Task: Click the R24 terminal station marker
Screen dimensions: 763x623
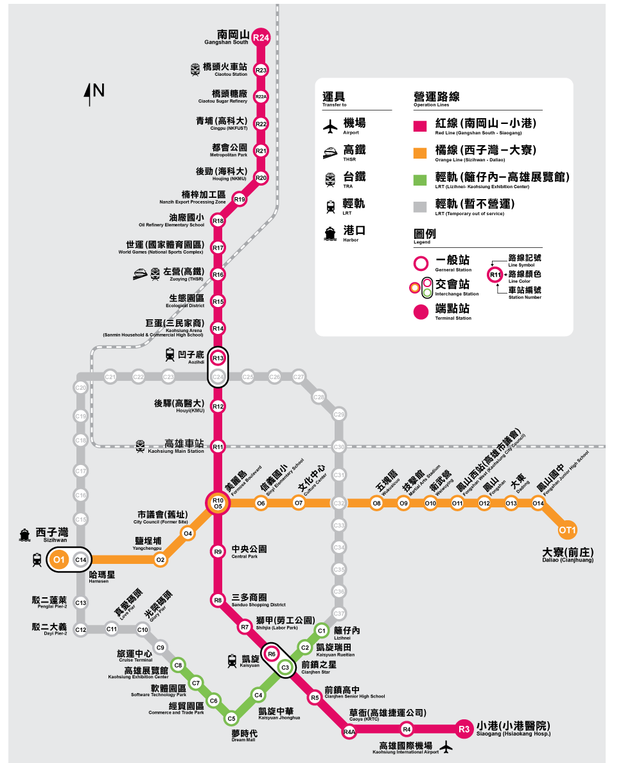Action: tap(261, 38)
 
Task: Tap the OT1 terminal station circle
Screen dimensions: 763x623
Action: tap(567, 530)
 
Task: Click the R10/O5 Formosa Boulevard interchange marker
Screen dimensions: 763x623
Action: tap(218, 504)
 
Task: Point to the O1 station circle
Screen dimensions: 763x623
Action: tap(59, 560)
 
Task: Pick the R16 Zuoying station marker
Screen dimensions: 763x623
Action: tap(218, 275)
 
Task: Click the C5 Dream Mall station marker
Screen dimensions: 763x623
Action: tap(232, 717)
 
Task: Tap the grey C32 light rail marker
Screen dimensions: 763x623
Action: tap(339, 504)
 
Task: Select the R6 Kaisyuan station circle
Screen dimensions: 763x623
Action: tap(272, 654)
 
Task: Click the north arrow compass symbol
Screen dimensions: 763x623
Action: tap(89, 94)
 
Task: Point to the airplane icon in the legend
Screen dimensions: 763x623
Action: tap(330, 127)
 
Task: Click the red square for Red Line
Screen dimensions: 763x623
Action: tap(421, 125)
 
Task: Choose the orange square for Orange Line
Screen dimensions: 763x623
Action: tap(421, 152)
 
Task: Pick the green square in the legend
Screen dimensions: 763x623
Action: tap(421, 179)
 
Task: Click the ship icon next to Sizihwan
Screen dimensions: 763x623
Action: tap(24, 534)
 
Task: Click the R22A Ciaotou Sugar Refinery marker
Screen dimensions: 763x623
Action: tap(261, 97)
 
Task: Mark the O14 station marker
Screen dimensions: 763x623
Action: tap(538, 504)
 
